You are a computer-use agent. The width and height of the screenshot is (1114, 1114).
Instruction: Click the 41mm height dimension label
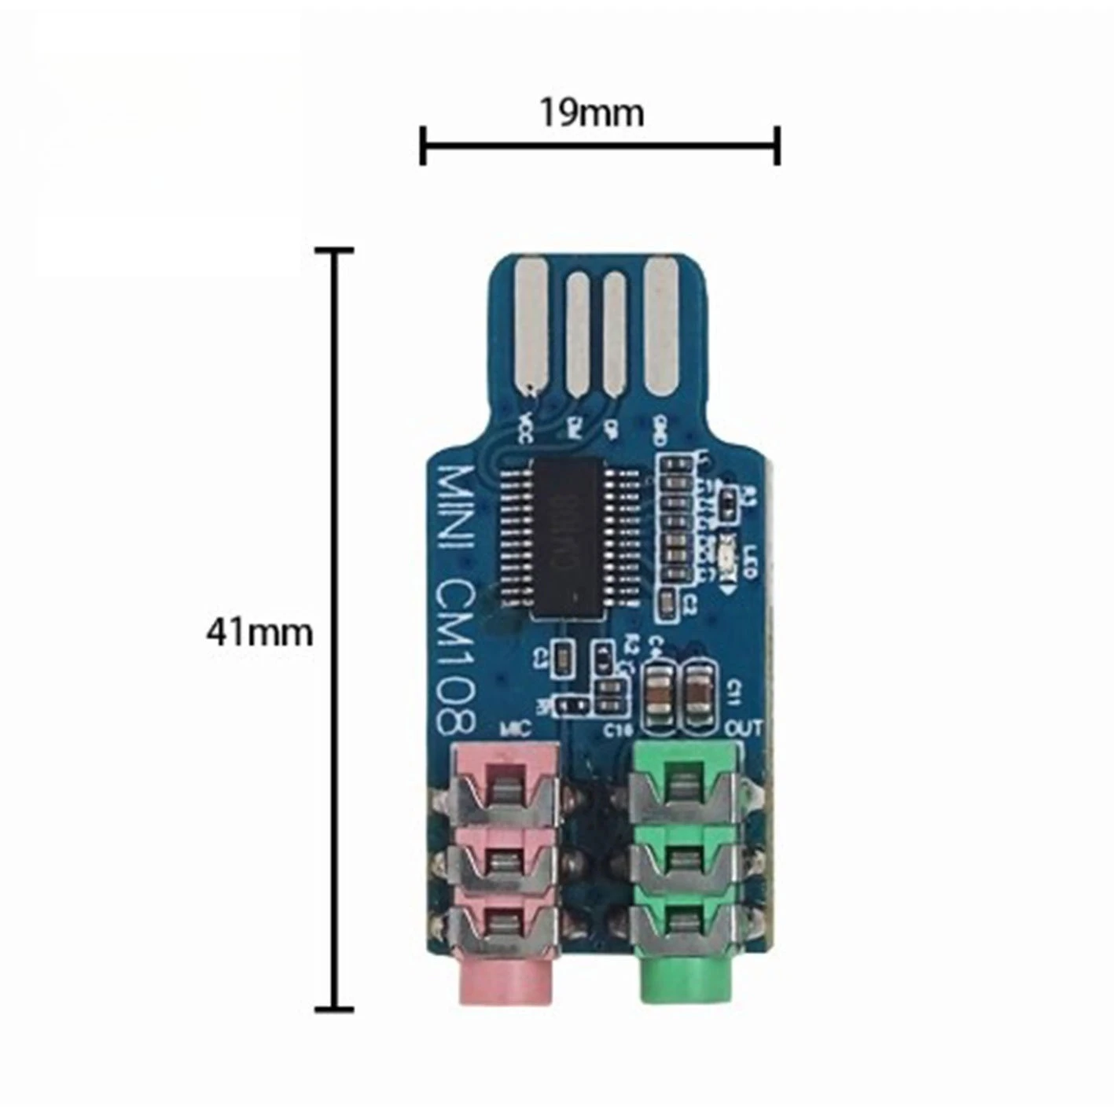coord(259,633)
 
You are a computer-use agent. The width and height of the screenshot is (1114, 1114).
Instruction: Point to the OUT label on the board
coord(742,729)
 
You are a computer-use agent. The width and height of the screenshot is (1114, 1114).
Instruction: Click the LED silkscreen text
coord(748,559)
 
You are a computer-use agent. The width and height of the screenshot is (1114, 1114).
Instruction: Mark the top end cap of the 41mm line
coord(334,251)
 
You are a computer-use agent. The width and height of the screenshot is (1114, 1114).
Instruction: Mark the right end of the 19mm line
coord(777,145)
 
